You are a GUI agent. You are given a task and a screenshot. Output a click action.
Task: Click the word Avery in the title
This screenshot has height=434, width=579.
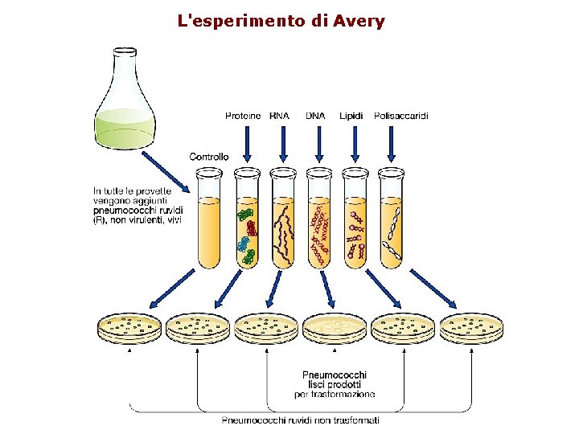(355, 20)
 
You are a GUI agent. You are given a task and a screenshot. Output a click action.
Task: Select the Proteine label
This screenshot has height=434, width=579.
(242, 116)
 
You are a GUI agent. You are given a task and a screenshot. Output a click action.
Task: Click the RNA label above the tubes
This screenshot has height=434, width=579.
(280, 116)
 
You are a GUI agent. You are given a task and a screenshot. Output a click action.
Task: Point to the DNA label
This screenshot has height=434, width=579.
(316, 116)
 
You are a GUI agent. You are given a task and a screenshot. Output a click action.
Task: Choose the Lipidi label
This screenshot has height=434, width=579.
(352, 116)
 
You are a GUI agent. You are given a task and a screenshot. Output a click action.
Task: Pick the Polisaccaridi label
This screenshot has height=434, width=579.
(401, 116)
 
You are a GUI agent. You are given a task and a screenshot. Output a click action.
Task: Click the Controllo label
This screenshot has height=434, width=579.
(209, 157)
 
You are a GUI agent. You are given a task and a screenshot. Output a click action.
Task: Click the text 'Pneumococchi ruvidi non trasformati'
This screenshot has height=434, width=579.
(301, 420)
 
